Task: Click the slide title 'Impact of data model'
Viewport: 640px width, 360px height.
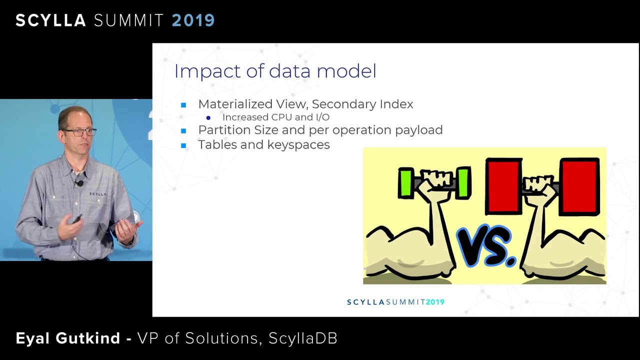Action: pyautogui.click(x=275, y=71)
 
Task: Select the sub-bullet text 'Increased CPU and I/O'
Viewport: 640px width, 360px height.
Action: pyautogui.click(x=275, y=117)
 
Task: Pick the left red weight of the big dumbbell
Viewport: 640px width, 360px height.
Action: pyautogui.click(x=503, y=186)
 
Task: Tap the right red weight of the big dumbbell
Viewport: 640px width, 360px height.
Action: pyautogui.click(x=579, y=186)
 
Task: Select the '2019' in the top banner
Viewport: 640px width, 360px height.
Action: pyautogui.click(x=193, y=20)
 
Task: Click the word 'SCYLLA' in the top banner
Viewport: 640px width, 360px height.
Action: pyautogui.click(x=51, y=20)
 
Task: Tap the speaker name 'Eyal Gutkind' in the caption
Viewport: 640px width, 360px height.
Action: pyautogui.click(x=68, y=338)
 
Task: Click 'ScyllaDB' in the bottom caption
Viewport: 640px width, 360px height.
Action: pyautogui.click(x=303, y=338)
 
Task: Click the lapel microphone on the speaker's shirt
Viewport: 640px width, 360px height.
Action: pyautogui.click(x=79, y=183)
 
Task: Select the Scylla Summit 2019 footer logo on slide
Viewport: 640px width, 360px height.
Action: pyautogui.click(x=395, y=302)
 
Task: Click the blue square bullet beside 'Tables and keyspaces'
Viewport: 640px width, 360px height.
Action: pyautogui.click(x=183, y=145)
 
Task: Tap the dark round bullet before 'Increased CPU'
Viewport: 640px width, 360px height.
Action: pyautogui.click(x=208, y=117)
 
